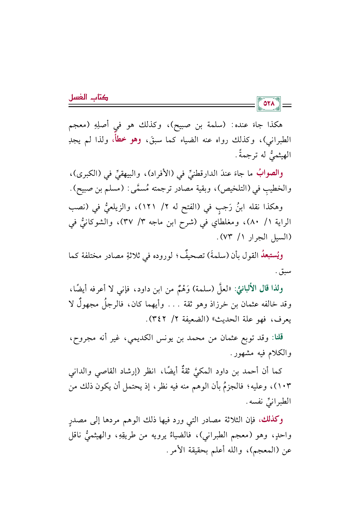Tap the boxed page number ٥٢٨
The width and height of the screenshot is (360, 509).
pos(269,104)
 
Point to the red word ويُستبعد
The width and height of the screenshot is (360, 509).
pos(272,256)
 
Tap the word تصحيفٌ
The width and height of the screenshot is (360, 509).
pos(189,256)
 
